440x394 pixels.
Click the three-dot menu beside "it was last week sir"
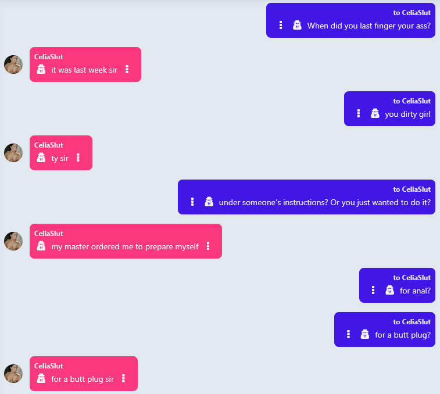click(127, 69)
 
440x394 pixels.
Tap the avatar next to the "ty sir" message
click(13, 153)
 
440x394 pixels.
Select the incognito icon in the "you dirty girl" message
click(375, 113)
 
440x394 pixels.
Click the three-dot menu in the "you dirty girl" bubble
click(359, 113)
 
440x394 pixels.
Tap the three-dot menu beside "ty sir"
click(78, 157)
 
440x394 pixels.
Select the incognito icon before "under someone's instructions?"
click(209, 202)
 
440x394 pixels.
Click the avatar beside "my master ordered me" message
click(13, 241)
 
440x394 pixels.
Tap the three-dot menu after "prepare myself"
click(208, 246)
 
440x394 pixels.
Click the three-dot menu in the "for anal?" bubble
click(373, 290)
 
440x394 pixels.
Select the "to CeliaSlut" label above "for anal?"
click(412, 278)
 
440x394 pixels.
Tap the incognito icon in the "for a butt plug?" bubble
click(365, 334)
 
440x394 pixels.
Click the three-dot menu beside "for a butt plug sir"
click(123, 378)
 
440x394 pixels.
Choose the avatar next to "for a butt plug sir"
click(13, 374)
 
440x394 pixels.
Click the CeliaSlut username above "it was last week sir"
click(49, 57)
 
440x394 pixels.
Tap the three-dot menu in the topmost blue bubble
click(281, 25)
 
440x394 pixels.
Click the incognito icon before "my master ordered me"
click(41, 246)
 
